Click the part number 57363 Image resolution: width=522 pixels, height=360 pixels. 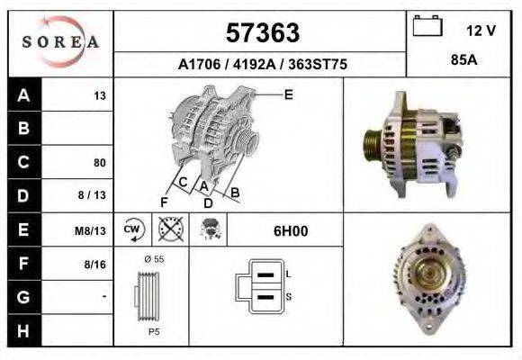262,33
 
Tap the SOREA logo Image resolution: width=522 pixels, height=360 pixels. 60,41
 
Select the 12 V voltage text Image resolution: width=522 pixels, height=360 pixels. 481,30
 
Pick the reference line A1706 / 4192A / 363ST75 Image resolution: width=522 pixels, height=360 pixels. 262,65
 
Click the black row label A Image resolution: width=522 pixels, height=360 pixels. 24,95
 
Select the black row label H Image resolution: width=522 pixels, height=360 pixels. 24,330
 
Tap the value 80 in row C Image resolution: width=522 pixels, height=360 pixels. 100,163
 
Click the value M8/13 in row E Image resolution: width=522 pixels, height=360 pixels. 91,230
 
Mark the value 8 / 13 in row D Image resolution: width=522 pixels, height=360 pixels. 94,196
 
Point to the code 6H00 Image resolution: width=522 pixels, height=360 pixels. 291,230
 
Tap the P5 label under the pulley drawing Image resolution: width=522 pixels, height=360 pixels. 153,330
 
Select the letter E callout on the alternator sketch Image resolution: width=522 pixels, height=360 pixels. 288,94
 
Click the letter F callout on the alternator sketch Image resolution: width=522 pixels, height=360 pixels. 164,202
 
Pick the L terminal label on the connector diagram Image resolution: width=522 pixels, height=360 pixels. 288,274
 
